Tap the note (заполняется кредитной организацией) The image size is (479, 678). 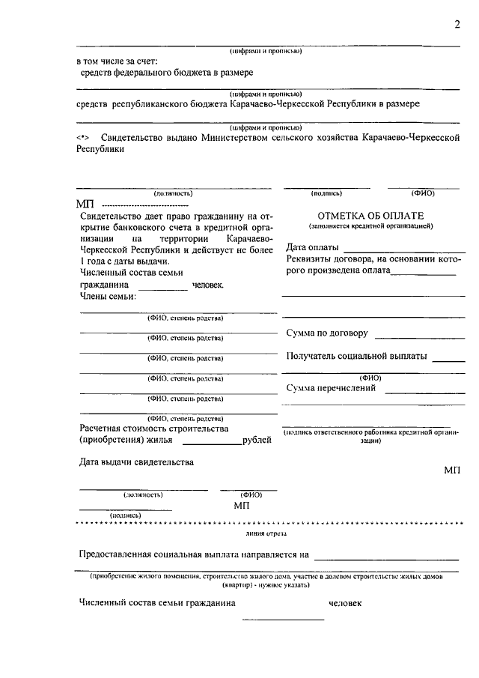coord(370,226)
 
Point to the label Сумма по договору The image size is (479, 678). coord(327,333)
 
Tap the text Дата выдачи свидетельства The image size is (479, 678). coord(137,462)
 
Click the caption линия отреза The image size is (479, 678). coord(266,534)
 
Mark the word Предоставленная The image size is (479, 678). coord(120,555)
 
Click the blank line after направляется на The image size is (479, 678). coord(386,559)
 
